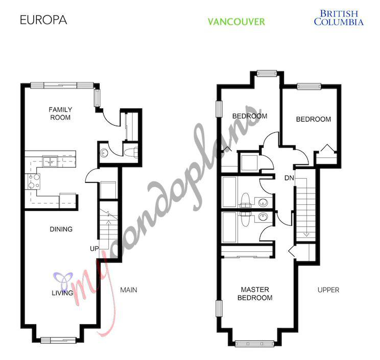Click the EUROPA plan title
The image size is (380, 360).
[x=43, y=21]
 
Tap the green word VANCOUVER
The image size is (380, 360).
[x=236, y=22]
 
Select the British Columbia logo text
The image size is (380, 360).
[x=338, y=18]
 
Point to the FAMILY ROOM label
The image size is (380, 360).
[x=60, y=113]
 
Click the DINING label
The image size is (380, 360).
[x=61, y=229]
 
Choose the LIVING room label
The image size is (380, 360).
[x=62, y=293]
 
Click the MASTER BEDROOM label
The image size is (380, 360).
[x=257, y=294]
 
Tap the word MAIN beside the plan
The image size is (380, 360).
[x=128, y=290]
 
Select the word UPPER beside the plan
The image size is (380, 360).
[x=328, y=290]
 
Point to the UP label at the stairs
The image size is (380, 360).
[x=93, y=248]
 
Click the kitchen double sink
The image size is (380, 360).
[x=50, y=162]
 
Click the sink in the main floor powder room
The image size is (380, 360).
[x=104, y=152]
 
